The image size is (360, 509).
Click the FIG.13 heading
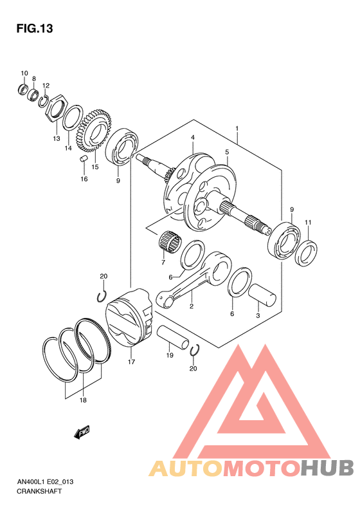[35, 28]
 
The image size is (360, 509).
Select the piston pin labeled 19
[173, 338]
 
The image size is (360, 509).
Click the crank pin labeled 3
[262, 295]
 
